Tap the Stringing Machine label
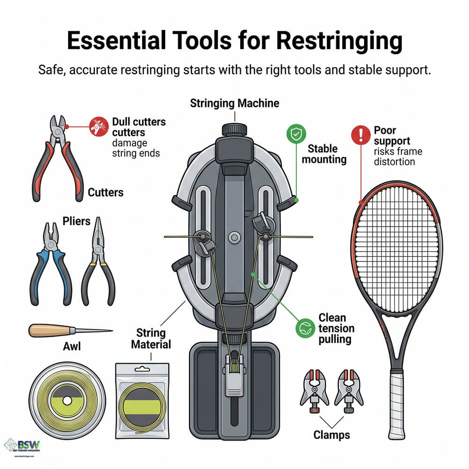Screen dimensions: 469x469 click(234, 104)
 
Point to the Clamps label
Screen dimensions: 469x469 click(331, 435)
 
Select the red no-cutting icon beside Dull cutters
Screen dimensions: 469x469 click(96, 126)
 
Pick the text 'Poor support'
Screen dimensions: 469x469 click(392, 135)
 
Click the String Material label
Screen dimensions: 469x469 click(151, 339)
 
